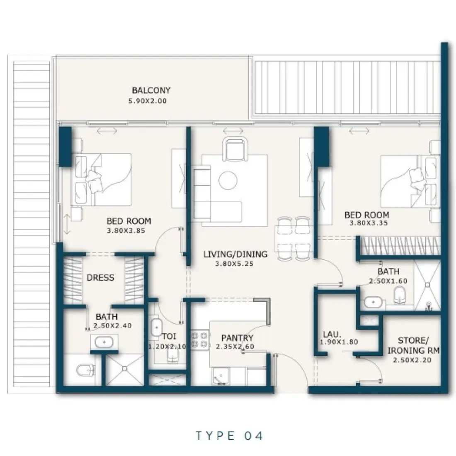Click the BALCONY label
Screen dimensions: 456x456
(x=151, y=90)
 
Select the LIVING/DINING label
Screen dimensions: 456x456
(x=235, y=254)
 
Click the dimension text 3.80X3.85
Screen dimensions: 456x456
(x=126, y=231)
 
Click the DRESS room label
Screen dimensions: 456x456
(x=100, y=277)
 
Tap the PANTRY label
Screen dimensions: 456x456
(x=237, y=338)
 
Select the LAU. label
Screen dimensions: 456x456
(x=332, y=334)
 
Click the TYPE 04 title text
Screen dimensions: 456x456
(x=229, y=436)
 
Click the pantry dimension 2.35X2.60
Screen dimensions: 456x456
(x=235, y=347)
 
